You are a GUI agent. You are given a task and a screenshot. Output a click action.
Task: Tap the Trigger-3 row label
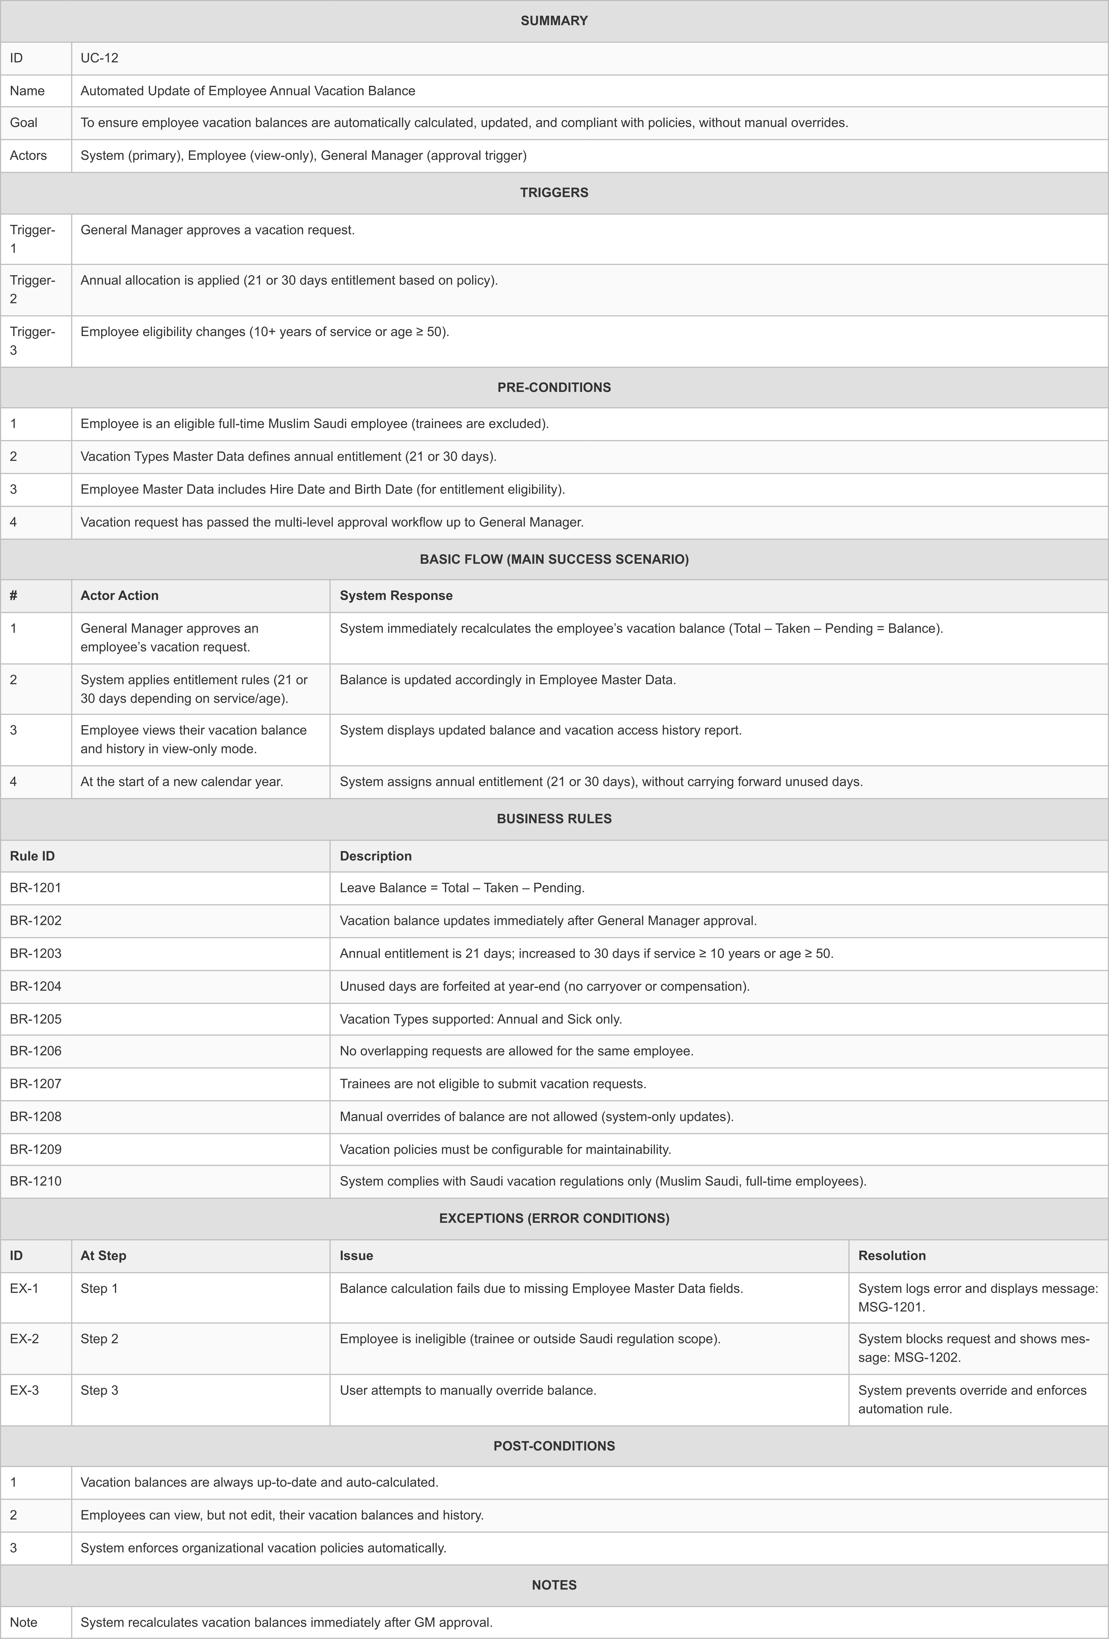[x=33, y=341]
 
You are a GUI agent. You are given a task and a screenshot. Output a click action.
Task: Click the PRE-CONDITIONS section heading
[x=554, y=387]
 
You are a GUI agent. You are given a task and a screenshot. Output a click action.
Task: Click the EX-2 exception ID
[x=25, y=1338]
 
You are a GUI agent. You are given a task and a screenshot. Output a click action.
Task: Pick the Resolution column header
[x=892, y=1255]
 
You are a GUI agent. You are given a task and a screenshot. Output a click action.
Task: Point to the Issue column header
[x=356, y=1255]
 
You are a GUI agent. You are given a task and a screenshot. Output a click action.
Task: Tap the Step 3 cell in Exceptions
[x=99, y=1390]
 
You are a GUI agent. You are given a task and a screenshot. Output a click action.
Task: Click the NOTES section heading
[x=554, y=1585]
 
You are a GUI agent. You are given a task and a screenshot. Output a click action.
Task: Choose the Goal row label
[x=24, y=123]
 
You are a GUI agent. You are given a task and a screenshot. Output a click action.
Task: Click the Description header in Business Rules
[x=376, y=856]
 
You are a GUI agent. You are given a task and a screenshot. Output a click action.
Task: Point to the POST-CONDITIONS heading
[x=554, y=1446]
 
